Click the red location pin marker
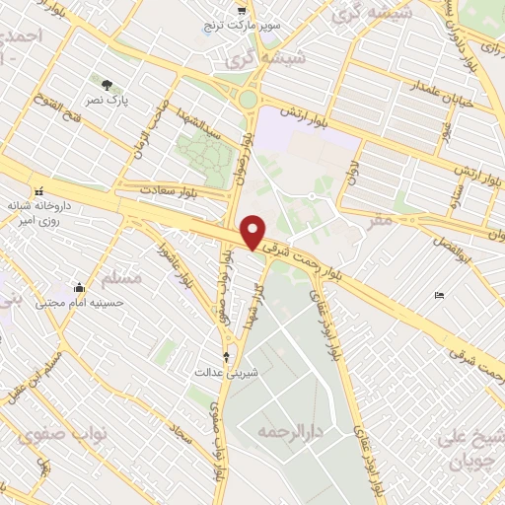tap(253, 232)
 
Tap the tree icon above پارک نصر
tap(107, 84)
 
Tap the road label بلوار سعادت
tap(169, 188)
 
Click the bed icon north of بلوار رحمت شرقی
tap(439, 295)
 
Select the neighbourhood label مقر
tap(379, 219)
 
